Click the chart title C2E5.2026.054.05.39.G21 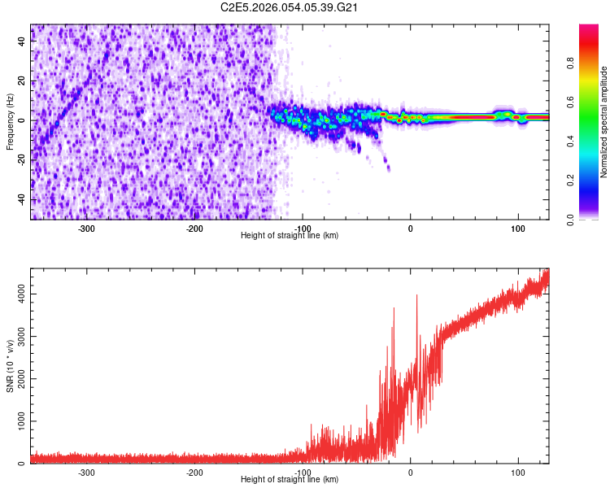pyautogui.click(x=290, y=7)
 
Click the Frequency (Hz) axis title pyautogui.click(x=10, y=122)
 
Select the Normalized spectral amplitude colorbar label pyautogui.click(x=603, y=122)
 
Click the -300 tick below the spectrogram pyautogui.click(x=86, y=228)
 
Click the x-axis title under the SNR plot pyautogui.click(x=290, y=480)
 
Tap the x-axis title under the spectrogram pyautogui.click(x=290, y=236)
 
